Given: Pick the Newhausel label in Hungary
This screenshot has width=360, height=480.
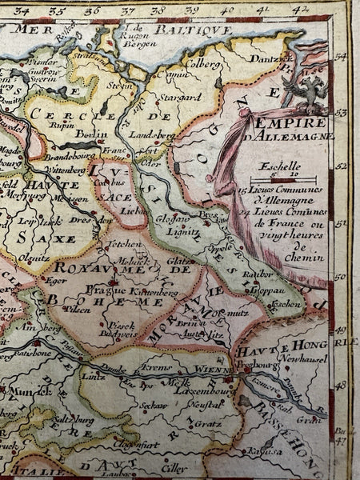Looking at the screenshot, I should (x=300, y=360).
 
